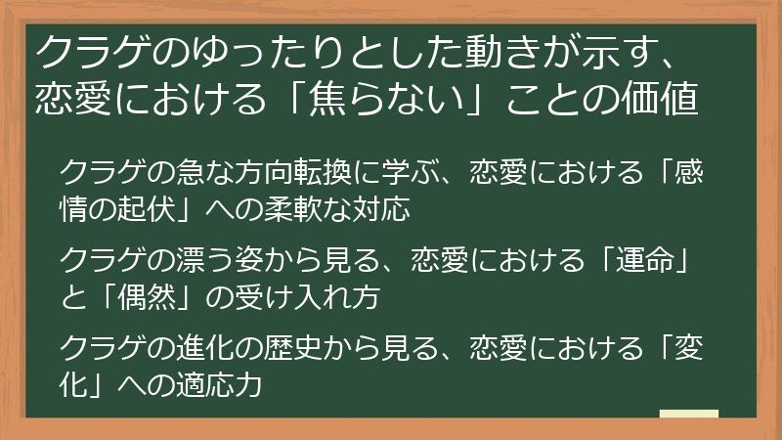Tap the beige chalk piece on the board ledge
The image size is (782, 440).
tap(688, 414)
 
